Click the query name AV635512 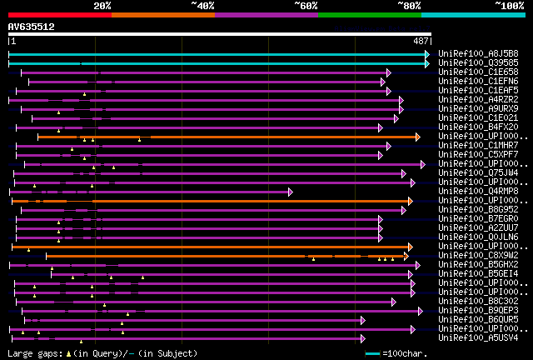click(31, 27)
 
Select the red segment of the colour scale click(59, 14)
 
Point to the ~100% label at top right click(509, 5)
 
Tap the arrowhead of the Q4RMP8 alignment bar click(291, 192)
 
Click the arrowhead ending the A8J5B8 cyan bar click(427, 54)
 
